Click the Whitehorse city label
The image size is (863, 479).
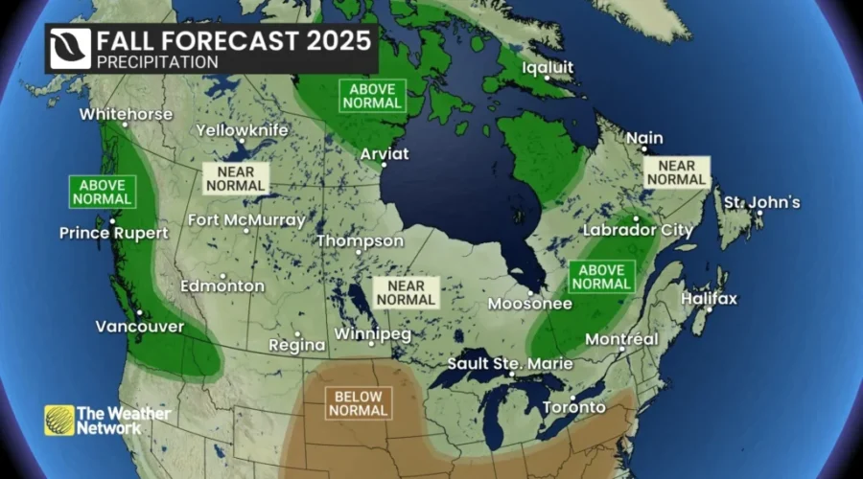(126, 114)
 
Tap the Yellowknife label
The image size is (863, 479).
(241, 129)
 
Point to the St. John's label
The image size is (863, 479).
(761, 202)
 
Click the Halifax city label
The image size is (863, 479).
(709, 299)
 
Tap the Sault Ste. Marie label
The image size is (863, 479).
(510, 364)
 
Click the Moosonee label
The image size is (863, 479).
(529, 305)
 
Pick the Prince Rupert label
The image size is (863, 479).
(113, 233)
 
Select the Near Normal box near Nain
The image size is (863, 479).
(676, 172)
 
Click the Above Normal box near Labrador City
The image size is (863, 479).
(601, 276)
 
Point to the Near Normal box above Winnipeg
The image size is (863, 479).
(406, 292)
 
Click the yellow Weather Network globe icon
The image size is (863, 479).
(58, 421)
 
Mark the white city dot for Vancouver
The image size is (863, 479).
(139, 312)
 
